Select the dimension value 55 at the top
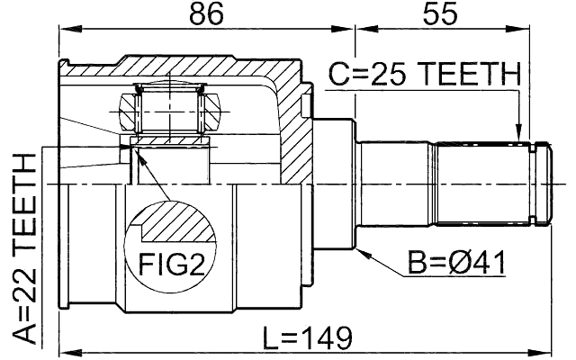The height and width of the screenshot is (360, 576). [443, 15]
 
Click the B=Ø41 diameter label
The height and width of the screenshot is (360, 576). [456, 264]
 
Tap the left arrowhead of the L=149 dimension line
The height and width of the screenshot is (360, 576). [65, 352]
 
